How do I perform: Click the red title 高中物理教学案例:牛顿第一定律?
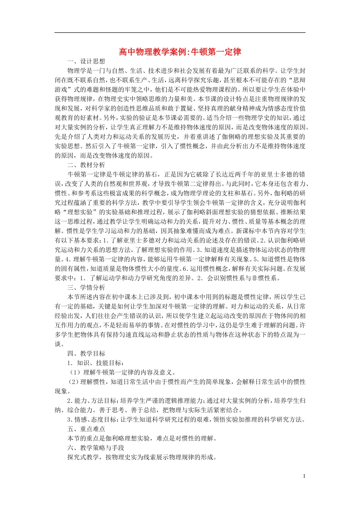coord(180,52)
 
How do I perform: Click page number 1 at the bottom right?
coord(304,476)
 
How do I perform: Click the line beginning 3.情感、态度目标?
coord(186,420)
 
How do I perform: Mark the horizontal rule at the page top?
coord(180,33)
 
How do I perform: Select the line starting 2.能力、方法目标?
coord(186,401)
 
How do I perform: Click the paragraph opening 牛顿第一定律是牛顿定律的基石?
coord(180,222)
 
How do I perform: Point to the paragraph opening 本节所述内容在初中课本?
coord(180,316)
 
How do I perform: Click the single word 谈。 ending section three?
coord(59,344)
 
